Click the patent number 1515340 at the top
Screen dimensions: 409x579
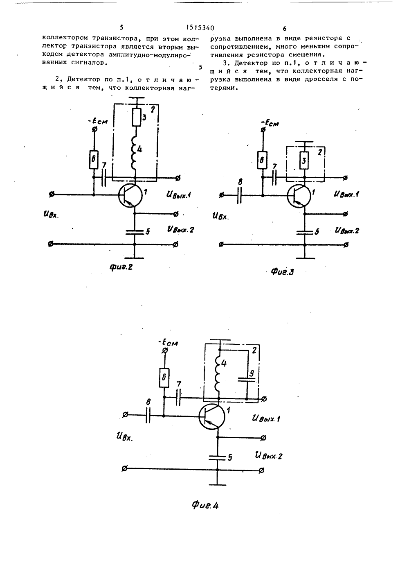(x=200, y=28)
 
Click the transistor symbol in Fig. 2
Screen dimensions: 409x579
(x=130, y=195)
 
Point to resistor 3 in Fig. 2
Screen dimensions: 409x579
(x=136, y=118)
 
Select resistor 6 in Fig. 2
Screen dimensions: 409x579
(x=94, y=160)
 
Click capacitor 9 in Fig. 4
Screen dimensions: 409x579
(x=247, y=380)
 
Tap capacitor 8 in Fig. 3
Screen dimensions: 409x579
(x=239, y=196)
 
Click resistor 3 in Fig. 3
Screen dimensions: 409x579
(x=304, y=161)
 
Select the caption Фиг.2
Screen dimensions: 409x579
(x=121, y=267)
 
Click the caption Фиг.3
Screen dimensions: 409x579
(x=282, y=271)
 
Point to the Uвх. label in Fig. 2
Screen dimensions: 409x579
(x=51, y=214)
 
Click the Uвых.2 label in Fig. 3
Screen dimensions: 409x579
(x=347, y=230)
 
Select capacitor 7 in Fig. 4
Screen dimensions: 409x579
(x=178, y=397)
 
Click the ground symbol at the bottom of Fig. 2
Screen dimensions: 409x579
(x=134, y=258)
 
